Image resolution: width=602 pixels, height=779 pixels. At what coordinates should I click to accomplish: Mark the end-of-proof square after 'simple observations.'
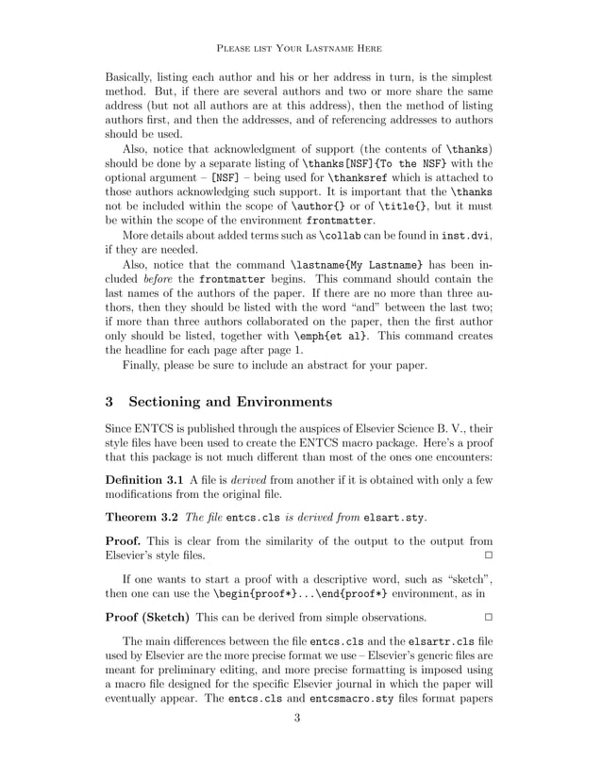[488, 617]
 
